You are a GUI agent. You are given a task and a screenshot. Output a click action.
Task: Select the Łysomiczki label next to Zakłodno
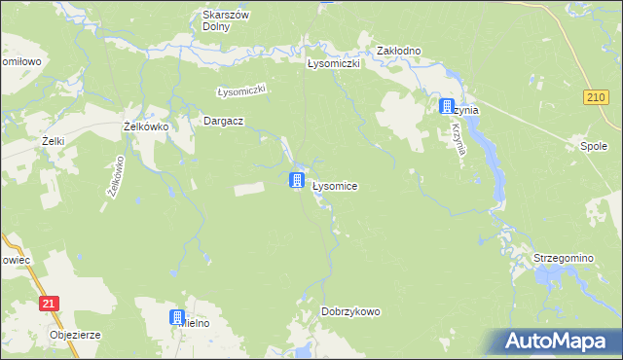pyautogui.click(x=334, y=63)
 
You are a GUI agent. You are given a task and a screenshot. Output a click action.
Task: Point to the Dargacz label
pyautogui.click(x=222, y=121)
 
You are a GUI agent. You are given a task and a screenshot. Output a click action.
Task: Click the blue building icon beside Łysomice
pyautogui.click(x=297, y=180)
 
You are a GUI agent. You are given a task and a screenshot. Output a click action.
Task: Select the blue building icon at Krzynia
pyautogui.click(x=447, y=106)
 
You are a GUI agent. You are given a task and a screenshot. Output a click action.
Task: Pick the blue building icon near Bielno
pyautogui.click(x=177, y=317)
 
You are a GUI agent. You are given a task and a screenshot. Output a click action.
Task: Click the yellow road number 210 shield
pyautogui.click(x=598, y=97)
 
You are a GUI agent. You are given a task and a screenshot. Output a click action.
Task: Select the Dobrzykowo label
pyautogui.click(x=350, y=311)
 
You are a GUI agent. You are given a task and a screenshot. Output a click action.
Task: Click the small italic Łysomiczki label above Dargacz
pyautogui.click(x=241, y=90)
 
